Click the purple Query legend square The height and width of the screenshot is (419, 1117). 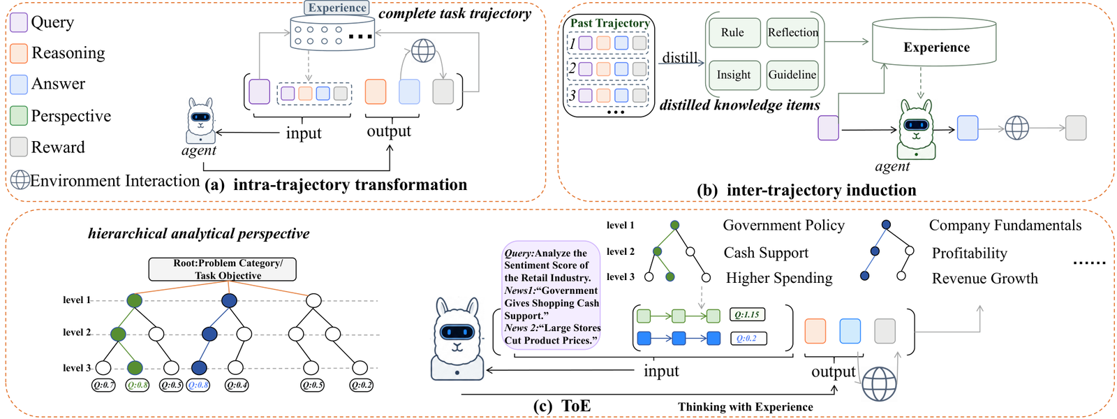click(x=19, y=22)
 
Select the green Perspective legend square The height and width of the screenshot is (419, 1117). click(x=19, y=116)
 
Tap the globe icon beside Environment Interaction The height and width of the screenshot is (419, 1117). click(x=20, y=179)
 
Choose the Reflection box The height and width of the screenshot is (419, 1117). click(x=792, y=33)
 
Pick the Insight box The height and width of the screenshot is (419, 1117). click(x=734, y=75)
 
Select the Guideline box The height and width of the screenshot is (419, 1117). click(x=792, y=75)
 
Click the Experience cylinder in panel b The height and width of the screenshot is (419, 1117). click(x=934, y=43)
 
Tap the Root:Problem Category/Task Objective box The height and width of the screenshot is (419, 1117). click(x=223, y=270)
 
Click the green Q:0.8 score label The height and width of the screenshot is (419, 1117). click(x=137, y=385)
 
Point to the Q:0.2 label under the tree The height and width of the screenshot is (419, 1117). click(x=360, y=385)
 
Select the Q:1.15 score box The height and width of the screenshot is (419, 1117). click(x=747, y=315)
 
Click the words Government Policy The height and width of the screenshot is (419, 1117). click(x=783, y=226)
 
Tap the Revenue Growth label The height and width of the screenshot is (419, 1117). click(x=985, y=279)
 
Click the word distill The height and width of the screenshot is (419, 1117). click(x=680, y=58)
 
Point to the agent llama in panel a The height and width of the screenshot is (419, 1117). click(x=200, y=121)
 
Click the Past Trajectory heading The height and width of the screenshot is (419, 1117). click(x=610, y=24)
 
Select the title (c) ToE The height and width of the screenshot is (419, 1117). click(x=562, y=406)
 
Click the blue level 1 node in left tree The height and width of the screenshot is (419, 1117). click(x=229, y=300)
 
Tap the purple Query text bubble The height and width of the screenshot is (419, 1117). click(x=551, y=295)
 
